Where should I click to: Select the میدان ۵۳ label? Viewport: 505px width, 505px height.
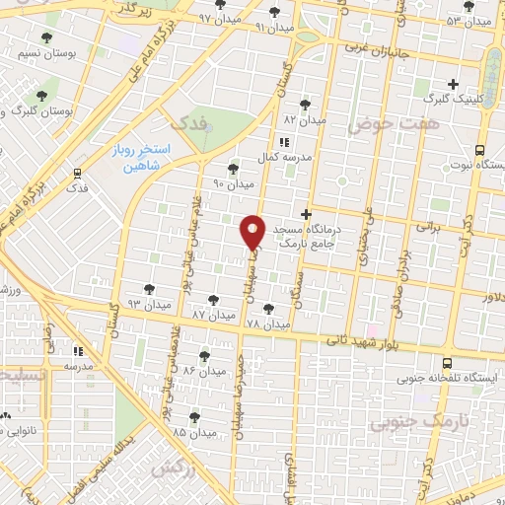pyautogui.click(x=468, y=21)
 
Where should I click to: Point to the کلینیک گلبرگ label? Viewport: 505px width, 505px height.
pyautogui.click(x=453, y=101)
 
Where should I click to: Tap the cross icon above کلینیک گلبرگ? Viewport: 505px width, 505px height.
pyautogui.click(x=453, y=85)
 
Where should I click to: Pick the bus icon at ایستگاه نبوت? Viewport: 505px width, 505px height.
pyautogui.click(x=479, y=150)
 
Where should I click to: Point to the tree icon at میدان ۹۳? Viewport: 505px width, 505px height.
pyautogui.click(x=148, y=289)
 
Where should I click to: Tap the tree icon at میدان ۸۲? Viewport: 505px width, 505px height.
pyautogui.click(x=304, y=104)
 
